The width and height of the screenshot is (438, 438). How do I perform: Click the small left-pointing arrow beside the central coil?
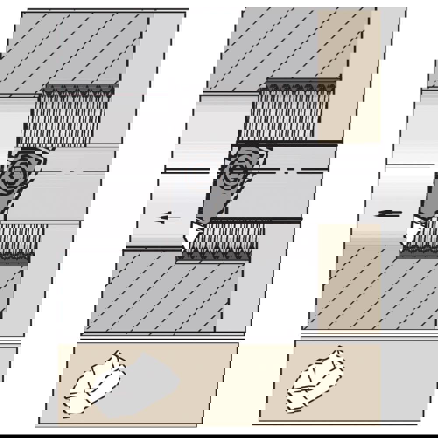pyautogui.click(x=164, y=217)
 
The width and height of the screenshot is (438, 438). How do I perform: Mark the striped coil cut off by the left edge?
pyautogui.click(x=20, y=239)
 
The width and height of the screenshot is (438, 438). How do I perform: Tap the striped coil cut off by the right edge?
pyautogui.click(x=423, y=237)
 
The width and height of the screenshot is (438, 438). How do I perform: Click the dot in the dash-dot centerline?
pyautogui.click(x=287, y=172)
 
